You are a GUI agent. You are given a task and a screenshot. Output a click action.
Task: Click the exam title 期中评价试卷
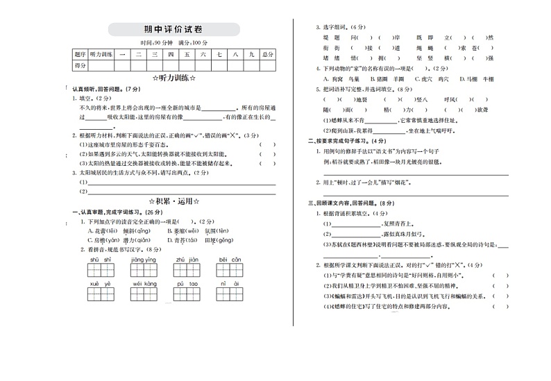click(x=173, y=29)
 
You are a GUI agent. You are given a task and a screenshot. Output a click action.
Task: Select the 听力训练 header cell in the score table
click(x=101, y=53)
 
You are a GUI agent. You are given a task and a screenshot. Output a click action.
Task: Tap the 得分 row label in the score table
click(x=80, y=65)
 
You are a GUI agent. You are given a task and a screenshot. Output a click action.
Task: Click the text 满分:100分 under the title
click(x=192, y=42)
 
